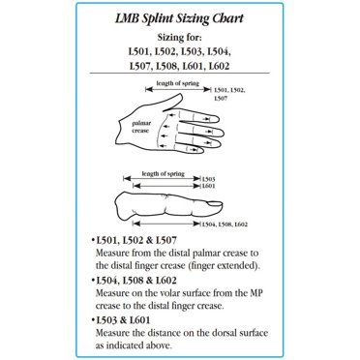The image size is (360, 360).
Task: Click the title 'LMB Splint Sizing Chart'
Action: pyautogui.click(x=179, y=18)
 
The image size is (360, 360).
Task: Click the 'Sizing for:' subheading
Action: pyautogui.click(x=180, y=38)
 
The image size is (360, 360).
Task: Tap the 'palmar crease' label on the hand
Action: pyautogui.click(x=141, y=127)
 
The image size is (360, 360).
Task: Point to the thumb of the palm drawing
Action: pyautogui.click(x=172, y=103)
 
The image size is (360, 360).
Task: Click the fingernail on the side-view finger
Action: pyautogui.click(x=214, y=203)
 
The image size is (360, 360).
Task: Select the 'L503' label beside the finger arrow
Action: pyautogui.click(x=208, y=179)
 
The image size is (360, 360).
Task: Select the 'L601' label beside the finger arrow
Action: pyautogui.click(x=208, y=186)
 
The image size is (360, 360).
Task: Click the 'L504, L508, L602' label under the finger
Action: pyautogui.click(x=225, y=225)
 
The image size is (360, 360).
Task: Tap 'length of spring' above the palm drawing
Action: pyautogui.click(x=178, y=83)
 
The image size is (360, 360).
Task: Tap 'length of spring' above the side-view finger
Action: pyautogui.click(x=164, y=173)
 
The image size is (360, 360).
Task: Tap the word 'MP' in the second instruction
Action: pyautogui.click(x=256, y=293)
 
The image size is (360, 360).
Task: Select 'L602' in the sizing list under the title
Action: pyautogui.click(x=219, y=66)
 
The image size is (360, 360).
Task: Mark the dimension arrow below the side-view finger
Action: pyautogui.click(x=166, y=224)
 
